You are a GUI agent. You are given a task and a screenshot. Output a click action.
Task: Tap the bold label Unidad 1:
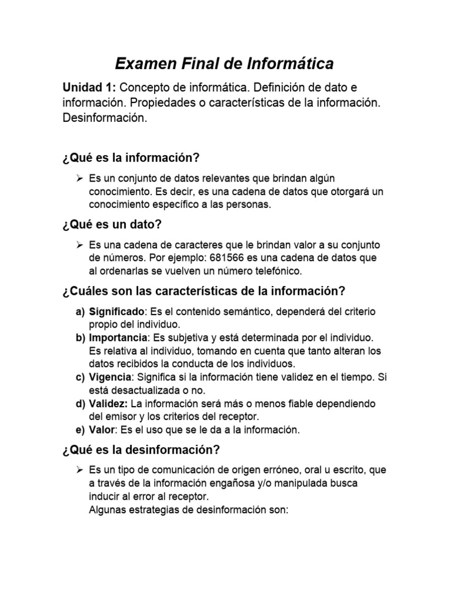point(90,87)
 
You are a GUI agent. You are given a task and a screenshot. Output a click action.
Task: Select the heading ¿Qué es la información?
point(131,158)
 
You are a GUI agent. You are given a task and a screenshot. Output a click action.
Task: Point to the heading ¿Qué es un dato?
point(111,224)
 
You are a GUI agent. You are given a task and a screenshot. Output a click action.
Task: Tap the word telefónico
point(274,271)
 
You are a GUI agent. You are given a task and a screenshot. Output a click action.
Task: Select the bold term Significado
point(116,311)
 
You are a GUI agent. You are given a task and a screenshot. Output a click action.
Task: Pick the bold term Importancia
point(118,338)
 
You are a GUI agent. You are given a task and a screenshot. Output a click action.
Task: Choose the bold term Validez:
point(108,404)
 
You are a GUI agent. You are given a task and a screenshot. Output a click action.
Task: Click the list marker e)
point(80,430)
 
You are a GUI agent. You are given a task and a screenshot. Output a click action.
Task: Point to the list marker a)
point(80,311)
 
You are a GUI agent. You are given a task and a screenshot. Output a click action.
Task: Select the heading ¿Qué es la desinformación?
point(141,450)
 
